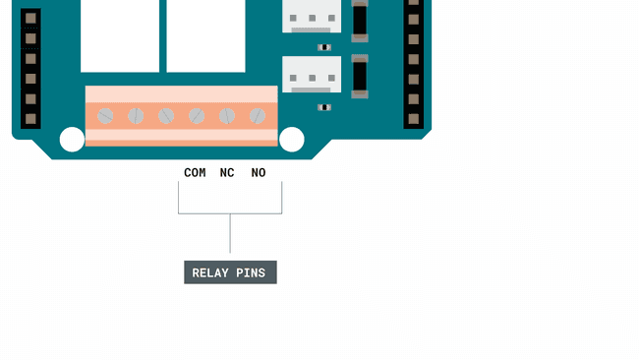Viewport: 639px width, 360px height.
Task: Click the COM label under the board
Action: coord(195,173)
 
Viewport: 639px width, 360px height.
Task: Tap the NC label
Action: coord(227,173)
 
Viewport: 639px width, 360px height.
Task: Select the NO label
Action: coord(259,173)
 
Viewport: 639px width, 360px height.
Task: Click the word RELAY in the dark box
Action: coord(210,272)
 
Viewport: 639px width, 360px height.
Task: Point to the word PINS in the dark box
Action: coord(252,272)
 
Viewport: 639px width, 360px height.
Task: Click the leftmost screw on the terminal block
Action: coord(105,116)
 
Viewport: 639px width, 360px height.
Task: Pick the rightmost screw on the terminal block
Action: coord(258,116)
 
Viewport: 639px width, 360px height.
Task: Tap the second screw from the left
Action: coord(136,116)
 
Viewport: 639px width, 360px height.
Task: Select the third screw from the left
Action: coord(166,116)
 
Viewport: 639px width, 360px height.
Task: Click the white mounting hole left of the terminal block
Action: coord(72,140)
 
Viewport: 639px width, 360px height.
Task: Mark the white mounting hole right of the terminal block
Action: coord(292,140)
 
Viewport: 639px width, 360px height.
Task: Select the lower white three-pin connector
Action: coord(312,75)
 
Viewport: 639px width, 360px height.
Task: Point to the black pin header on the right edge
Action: coord(414,64)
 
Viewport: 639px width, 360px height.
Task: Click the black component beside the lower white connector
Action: coord(360,76)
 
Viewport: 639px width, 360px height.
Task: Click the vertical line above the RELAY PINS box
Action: coord(230,236)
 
